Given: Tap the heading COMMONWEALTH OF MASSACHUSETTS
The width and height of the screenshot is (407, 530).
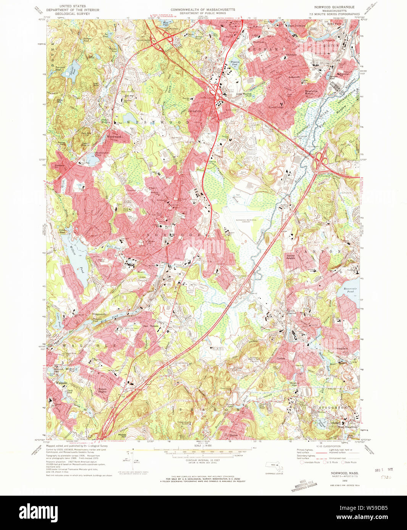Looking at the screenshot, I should tap(203, 10).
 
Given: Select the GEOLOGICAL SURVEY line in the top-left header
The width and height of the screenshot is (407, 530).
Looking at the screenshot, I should tap(72, 14).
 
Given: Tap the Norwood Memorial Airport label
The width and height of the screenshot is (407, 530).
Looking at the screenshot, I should tap(246, 221).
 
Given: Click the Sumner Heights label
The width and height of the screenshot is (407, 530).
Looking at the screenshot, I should tap(291, 257).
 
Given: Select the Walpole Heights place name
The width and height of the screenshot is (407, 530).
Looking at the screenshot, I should tap(102, 390).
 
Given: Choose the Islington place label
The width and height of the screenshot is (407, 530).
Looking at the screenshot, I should tap(195, 111).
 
